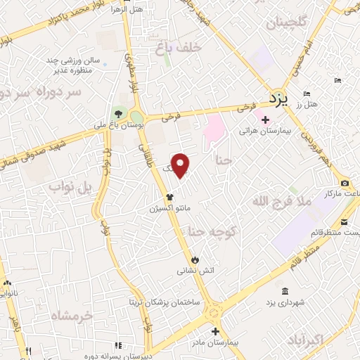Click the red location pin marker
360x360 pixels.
point(181,165)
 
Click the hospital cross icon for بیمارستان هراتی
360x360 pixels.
point(264,120)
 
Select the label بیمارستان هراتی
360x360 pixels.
point(259,131)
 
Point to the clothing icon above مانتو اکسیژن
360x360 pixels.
point(168,198)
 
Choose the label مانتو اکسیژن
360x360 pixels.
point(168,209)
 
